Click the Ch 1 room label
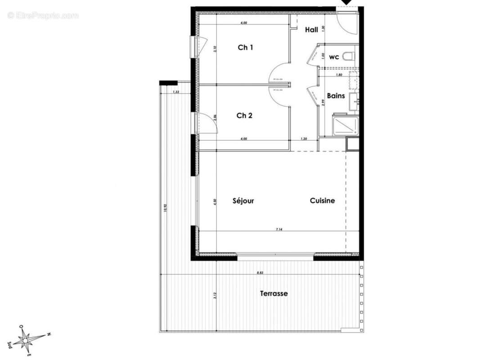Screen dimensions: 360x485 245,47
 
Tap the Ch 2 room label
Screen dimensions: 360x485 244,116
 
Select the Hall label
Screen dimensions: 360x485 311,30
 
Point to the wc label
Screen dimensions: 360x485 334,57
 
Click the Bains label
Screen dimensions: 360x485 336,96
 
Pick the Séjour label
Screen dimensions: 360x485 243,201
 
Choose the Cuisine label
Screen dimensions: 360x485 322,201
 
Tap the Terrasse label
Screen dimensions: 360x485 274,294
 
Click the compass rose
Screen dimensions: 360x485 28,338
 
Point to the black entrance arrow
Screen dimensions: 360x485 347,3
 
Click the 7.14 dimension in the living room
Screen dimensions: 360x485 279,229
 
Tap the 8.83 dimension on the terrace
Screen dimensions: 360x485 260,273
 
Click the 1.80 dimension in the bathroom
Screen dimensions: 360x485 339,75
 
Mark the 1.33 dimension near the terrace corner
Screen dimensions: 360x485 175,92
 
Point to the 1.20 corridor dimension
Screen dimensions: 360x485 304,139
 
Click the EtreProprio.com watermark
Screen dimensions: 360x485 43,16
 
